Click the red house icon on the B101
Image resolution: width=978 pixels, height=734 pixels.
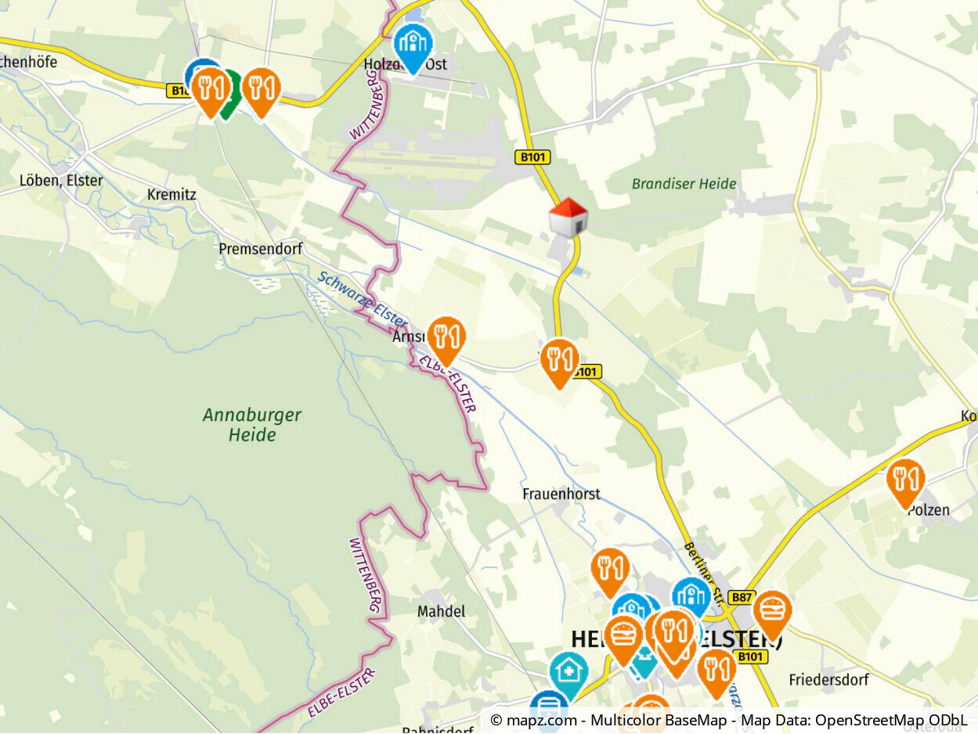pos(568,217)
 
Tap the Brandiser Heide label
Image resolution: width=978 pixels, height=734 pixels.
pos(684,184)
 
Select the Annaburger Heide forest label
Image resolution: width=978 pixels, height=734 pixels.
pos(252,425)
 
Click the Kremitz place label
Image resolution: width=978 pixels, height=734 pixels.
pos(171,194)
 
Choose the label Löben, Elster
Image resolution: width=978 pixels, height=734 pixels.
pos(61,181)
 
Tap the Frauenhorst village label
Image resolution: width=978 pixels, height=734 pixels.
pos(561,494)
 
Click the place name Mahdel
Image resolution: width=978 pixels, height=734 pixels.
pos(441,611)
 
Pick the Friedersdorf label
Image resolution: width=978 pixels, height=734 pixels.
pos(828,680)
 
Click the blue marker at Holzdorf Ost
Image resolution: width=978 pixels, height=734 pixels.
pos(413,45)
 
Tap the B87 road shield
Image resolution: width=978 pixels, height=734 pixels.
pos(740,597)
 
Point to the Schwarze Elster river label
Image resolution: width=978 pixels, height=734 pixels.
pos(362,300)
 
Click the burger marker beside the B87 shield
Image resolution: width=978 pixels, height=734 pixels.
pos(772,612)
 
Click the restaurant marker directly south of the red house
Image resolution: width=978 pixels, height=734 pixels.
pos(559,361)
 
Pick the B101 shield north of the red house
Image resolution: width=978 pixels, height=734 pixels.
pos(532,157)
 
